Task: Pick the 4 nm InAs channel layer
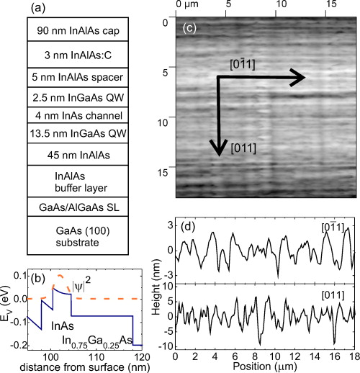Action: coord(71,114)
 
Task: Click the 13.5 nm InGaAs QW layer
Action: coord(71,131)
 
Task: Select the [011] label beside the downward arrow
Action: coord(246,149)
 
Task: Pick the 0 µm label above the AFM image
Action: coord(186,6)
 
